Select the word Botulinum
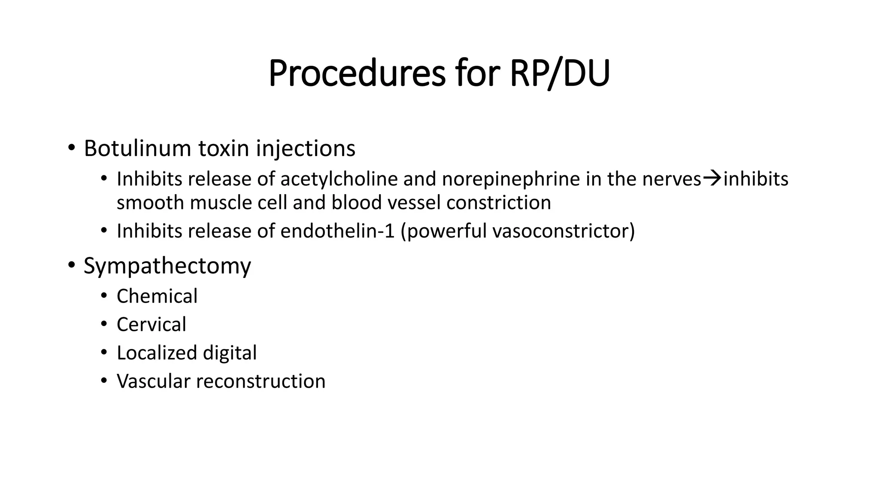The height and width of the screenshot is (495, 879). pyautogui.click(x=137, y=148)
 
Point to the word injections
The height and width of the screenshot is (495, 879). pyautogui.click(x=306, y=148)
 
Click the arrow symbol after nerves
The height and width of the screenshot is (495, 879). pyautogui.click(x=712, y=178)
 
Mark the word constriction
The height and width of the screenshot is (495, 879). pyautogui.click(x=499, y=202)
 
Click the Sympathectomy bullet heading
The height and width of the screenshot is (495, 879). pyautogui.click(x=167, y=266)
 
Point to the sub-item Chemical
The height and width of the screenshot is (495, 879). pyautogui.click(x=157, y=296)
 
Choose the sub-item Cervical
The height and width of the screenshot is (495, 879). pyautogui.click(x=152, y=324)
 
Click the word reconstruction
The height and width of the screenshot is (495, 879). pyautogui.click(x=261, y=381)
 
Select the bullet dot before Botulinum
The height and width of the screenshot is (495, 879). pyautogui.click(x=71, y=148)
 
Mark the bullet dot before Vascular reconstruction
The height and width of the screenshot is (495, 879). pyautogui.click(x=104, y=381)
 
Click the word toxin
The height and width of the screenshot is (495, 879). pyautogui.click(x=224, y=148)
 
